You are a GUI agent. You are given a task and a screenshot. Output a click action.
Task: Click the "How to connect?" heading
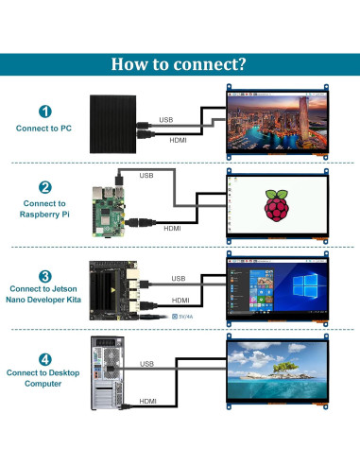click(x=180, y=64)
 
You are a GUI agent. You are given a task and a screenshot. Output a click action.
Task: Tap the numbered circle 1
click(x=44, y=111)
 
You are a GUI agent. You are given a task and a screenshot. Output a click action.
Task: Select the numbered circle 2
click(x=44, y=188)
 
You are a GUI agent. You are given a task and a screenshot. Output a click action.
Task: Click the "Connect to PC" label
click(x=44, y=128)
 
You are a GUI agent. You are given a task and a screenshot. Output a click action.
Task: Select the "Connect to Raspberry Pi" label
click(x=44, y=209)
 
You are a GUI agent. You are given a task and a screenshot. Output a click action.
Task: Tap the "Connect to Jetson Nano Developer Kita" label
click(x=44, y=294)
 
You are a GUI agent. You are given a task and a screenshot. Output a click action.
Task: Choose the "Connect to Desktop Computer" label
click(x=44, y=377)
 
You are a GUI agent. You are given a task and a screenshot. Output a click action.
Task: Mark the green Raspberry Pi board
click(x=110, y=209)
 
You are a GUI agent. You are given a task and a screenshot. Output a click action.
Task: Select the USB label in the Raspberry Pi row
click(x=146, y=175)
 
